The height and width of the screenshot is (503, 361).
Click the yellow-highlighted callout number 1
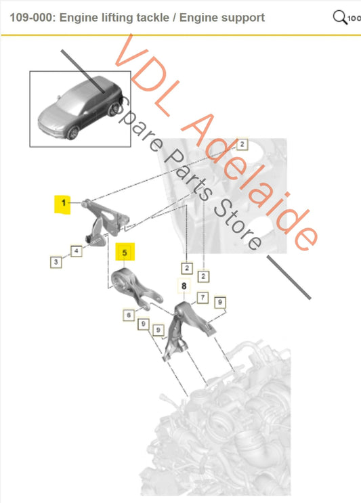(62, 202)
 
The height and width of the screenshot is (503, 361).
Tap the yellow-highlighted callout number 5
(125, 253)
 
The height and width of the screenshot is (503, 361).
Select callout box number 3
(57, 261)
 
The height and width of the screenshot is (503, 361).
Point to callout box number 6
(127, 315)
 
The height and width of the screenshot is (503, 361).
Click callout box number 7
(202, 298)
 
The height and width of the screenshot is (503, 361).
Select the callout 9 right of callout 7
(219, 302)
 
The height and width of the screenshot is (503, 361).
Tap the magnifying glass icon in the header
(340, 17)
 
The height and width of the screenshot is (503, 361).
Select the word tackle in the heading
(150, 18)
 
